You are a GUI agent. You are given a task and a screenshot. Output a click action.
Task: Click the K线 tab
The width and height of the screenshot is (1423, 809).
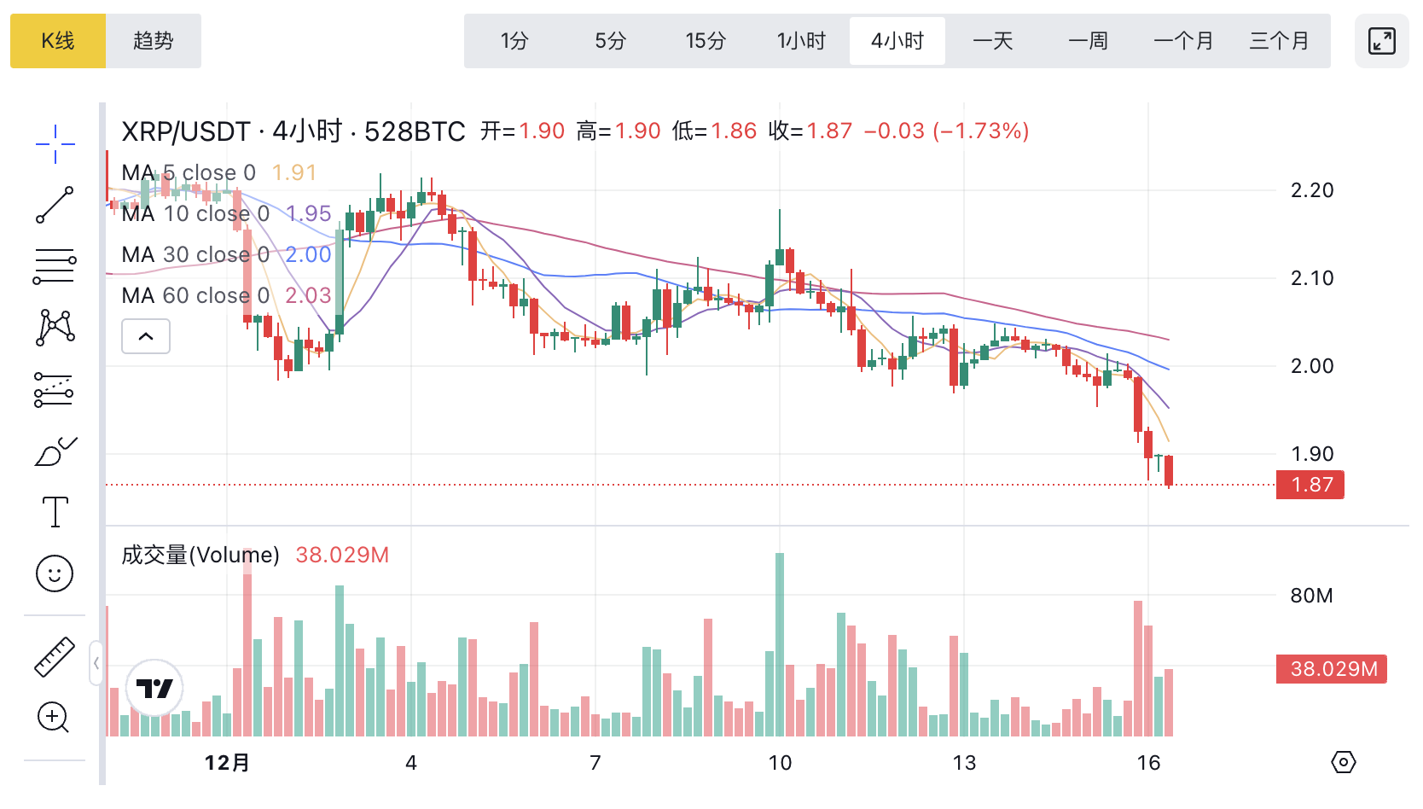click(x=58, y=41)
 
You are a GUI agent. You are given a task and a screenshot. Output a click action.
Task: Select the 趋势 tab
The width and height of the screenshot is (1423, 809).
click(x=154, y=41)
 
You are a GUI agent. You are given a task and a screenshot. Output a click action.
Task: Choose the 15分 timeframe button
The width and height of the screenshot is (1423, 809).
click(x=706, y=41)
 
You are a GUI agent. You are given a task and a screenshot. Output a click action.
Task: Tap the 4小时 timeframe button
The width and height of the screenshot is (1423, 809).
click(x=897, y=41)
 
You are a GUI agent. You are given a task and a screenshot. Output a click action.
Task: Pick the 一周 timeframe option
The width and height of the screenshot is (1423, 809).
click(x=1088, y=41)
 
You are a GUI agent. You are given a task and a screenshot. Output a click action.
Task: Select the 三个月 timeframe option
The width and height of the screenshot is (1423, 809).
click(x=1279, y=41)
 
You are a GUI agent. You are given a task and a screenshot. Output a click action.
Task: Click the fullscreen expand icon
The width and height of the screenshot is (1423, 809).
click(x=1381, y=41)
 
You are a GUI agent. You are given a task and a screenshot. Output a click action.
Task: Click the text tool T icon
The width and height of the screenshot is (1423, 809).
click(x=55, y=512)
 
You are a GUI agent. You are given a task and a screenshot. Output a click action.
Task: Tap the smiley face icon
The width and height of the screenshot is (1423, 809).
click(x=55, y=573)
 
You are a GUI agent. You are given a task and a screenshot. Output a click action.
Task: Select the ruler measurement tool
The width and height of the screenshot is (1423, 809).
click(x=55, y=657)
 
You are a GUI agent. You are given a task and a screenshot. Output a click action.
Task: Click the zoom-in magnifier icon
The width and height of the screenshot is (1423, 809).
click(x=53, y=718)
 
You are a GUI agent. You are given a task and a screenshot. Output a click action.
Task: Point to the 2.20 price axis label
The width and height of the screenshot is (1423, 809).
click(x=1311, y=190)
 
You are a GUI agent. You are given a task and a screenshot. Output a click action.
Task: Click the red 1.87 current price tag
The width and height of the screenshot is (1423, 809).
click(x=1310, y=485)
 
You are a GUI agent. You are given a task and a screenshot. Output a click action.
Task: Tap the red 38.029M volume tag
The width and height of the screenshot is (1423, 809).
click(x=1332, y=669)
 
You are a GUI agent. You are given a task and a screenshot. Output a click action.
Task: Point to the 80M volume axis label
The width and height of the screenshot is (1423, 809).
click(x=1311, y=596)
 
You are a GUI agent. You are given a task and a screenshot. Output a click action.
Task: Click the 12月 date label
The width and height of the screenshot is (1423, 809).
click(x=227, y=762)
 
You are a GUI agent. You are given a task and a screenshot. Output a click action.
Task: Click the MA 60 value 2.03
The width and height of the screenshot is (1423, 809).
click(x=308, y=295)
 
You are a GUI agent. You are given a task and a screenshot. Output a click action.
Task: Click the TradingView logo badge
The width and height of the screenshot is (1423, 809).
click(x=154, y=688)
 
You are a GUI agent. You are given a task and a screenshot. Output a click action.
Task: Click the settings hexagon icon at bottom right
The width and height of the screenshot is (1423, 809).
click(x=1344, y=762)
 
